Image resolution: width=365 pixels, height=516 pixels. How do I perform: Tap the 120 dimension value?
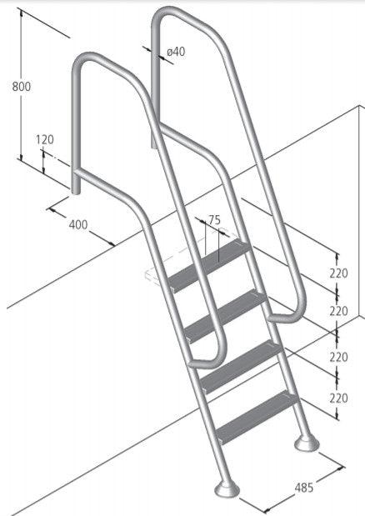[44, 140]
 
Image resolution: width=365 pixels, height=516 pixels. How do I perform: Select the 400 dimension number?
[78, 224]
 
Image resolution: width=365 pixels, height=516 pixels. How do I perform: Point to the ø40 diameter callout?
[176, 52]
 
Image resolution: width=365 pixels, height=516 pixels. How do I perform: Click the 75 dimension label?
[214, 220]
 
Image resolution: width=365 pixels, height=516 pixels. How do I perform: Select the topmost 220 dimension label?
[337, 273]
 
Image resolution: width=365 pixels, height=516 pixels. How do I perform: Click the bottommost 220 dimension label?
[337, 398]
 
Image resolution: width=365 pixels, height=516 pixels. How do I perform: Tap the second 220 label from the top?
[337, 311]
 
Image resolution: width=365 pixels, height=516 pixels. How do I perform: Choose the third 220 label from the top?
[337, 356]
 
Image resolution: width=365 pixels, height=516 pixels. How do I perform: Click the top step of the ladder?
[210, 264]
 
